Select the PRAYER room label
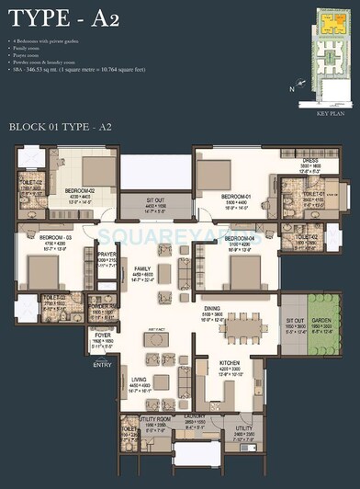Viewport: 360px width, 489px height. point(107,255)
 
